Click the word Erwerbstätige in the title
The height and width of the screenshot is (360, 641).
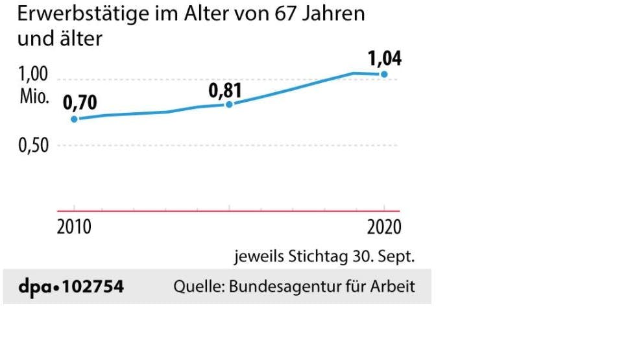coord(69,14)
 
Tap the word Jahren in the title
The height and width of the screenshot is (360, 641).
coord(337,14)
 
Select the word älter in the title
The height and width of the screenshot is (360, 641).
coord(80,39)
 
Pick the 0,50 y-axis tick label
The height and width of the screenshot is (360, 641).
coord(32,146)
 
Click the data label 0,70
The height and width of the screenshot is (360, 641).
coord(79,102)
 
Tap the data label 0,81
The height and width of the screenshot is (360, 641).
coord(224,90)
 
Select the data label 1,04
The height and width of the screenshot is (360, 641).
coord(385,58)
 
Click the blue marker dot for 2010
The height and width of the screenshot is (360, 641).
coord(74,119)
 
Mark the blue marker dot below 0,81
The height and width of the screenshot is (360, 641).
coord(228,104)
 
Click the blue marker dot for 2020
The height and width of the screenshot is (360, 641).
coord(384,75)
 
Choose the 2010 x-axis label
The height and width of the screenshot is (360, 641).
coord(74,228)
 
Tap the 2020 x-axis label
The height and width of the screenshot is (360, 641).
coord(384,228)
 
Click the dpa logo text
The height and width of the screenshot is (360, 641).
coord(34,286)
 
